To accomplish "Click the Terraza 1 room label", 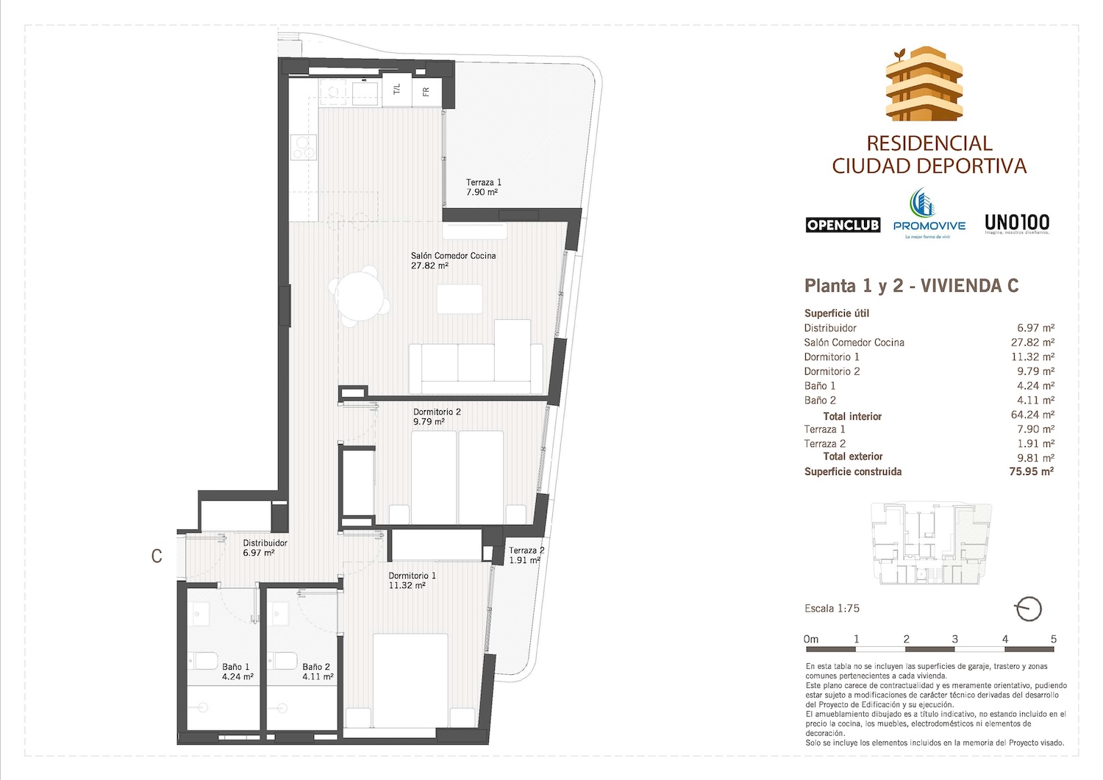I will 483,187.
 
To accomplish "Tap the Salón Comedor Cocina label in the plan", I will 453,260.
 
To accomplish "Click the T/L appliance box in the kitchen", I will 397,90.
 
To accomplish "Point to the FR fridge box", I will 426,91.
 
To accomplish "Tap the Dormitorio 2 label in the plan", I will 437,417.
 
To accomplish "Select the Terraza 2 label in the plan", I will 526,555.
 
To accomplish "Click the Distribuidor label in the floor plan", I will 265,548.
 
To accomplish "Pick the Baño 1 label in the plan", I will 237,672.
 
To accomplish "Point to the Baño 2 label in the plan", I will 317,672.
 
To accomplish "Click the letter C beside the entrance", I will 157,557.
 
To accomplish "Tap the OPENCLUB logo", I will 843,225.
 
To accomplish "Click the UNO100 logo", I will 1017,223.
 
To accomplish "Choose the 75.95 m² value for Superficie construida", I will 1031,472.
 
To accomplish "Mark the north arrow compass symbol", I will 1027,609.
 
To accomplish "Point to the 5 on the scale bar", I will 1053,639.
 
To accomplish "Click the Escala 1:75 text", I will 832,609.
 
